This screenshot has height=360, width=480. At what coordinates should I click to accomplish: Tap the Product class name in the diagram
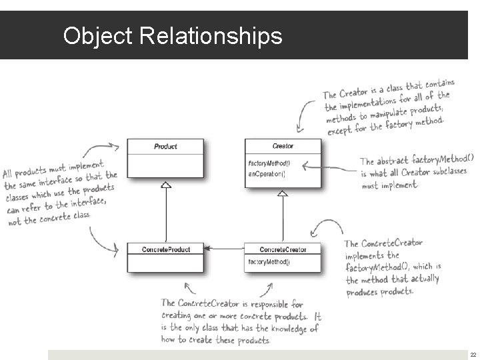pos(165,146)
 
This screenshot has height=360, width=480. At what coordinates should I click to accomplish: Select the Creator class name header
pos(283,146)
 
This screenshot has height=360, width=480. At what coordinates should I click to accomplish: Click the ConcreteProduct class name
pos(165,249)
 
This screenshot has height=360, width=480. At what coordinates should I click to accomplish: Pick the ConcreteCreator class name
pos(283,249)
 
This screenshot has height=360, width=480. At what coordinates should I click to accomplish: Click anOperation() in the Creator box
pos(267,173)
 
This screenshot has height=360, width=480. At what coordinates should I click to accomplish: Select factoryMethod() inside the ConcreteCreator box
pos(269,261)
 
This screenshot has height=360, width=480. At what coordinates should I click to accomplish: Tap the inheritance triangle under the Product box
pos(166,186)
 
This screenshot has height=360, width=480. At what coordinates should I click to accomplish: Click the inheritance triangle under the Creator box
pos(283,193)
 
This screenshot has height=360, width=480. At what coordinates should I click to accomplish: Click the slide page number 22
pos(473,355)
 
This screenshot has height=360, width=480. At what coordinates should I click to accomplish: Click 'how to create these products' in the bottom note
pos(215,340)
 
